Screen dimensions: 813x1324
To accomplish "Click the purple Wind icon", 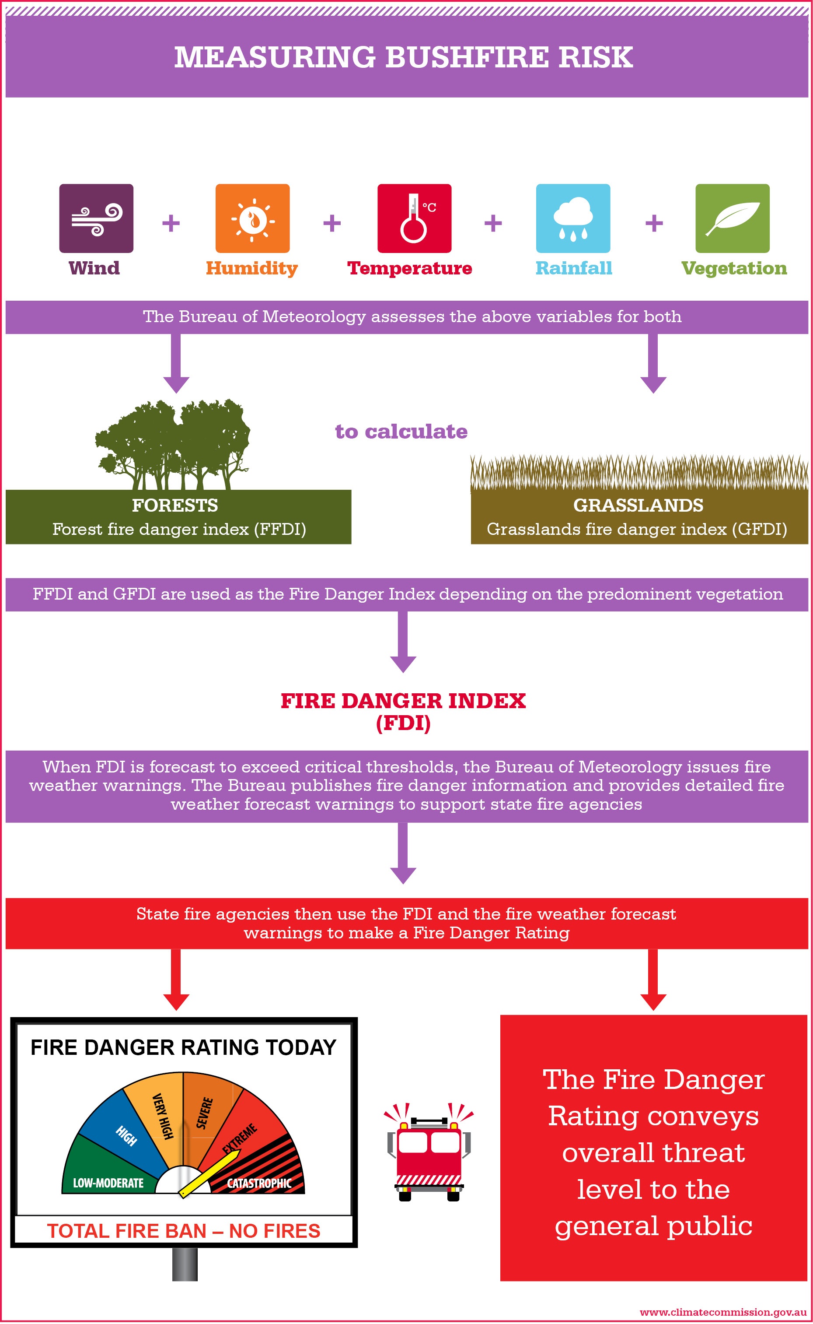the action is tap(96, 218).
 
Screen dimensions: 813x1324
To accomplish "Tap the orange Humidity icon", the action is tap(253, 218).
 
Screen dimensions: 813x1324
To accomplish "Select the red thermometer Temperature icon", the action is tap(415, 218).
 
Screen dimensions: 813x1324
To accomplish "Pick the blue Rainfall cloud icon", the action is tap(573, 218).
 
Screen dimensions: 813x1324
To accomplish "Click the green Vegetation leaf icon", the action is tap(733, 218).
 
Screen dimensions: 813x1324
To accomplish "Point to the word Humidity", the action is tap(251, 268).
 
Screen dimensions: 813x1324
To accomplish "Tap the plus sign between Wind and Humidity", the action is tap(171, 223).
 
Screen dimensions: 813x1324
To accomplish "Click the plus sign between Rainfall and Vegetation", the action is tap(654, 223).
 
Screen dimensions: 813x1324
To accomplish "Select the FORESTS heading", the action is tap(175, 505).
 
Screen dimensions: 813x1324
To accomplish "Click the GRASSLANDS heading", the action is tap(638, 505).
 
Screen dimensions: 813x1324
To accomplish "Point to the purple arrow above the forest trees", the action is tap(176, 364).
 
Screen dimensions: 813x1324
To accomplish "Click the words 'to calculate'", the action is tap(401, 432).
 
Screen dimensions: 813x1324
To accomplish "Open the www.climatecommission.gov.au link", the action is tap(722, 1312).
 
